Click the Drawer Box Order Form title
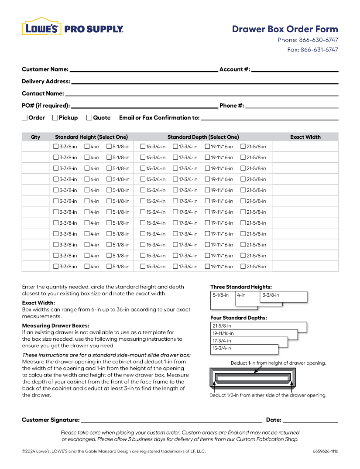pos(285,29)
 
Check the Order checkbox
pos(25,117)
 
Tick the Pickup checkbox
pos(55,117)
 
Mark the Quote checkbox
pos(89,117)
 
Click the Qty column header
pos(36,137)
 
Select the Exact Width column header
pos(305,137)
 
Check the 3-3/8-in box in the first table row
pos(56,147)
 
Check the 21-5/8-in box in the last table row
pos(243,267)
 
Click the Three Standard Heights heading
pos(241,287)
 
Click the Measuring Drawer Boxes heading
pos(55,325)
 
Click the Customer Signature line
pos(171,421)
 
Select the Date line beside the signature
pos(310,421)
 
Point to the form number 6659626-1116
pos(325,452)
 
